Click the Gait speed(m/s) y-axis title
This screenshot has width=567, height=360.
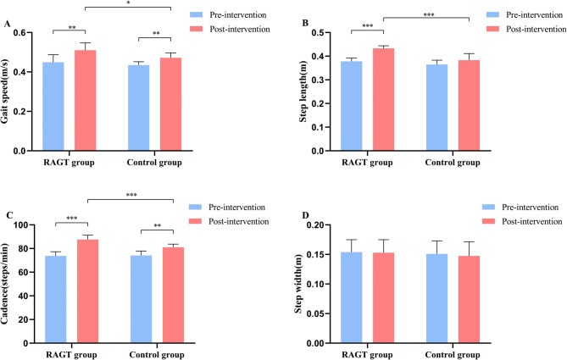[10, 91]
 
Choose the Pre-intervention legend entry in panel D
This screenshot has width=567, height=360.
[530, 207]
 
